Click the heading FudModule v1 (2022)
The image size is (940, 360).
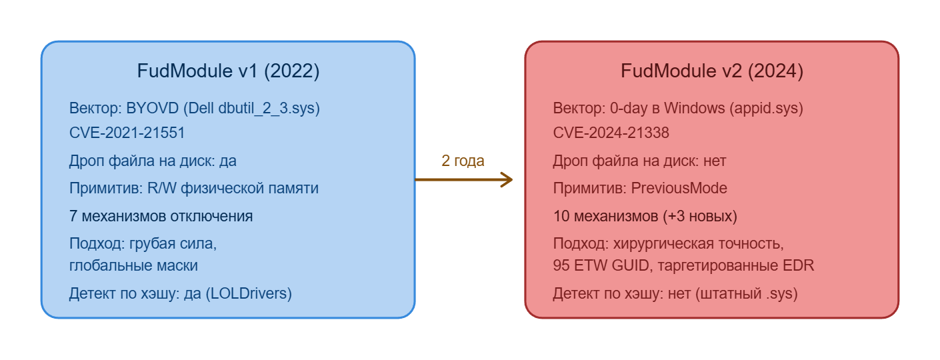228,71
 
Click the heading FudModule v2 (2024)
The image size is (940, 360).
711,71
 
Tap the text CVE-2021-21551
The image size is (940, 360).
127,133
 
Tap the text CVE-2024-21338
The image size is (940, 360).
611,133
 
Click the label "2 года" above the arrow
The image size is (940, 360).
463,161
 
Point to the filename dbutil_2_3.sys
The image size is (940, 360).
269,108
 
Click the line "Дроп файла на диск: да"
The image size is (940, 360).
153,161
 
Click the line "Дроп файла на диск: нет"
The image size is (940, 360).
639,161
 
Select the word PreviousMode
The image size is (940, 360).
679,188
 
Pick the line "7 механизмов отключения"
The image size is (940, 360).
161,216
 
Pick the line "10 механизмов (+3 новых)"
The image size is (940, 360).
645,216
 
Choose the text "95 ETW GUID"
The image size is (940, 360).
594,265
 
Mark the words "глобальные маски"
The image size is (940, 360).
133,265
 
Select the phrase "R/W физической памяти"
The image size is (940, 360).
231,188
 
